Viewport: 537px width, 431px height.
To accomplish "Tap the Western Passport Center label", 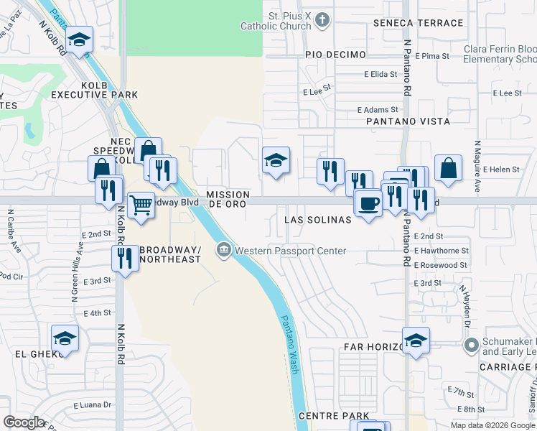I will (x=290, y=251).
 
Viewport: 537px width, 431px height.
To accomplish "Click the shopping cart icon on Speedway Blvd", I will (x=141, y=205).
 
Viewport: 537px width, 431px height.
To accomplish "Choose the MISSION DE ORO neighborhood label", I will (x=228, y=199).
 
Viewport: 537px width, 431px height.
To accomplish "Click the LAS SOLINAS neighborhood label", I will (x=318, y=219).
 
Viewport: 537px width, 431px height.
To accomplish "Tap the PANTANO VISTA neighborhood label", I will (x=408, y=121).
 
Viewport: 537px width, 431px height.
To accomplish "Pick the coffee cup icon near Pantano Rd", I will (x=368, y=203).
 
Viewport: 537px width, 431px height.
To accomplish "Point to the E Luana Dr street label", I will (x=93, y=404).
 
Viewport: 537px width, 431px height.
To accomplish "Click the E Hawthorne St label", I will (x=442, y=251).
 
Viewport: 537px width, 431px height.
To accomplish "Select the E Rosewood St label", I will (x=441, y=265).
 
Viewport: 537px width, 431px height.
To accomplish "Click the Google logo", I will (x=24, y=422).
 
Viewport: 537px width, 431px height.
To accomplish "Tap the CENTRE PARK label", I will (x=333, y=416).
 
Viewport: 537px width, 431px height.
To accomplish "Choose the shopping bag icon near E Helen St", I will (x=448, y=169).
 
